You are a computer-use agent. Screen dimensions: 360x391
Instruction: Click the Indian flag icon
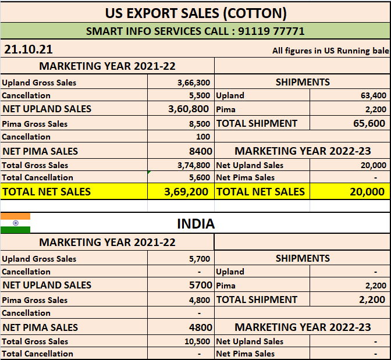tap(15, 223)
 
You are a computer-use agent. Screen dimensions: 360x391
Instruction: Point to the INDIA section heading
tap(195, 223)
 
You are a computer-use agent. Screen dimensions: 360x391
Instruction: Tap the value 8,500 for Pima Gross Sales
tap(200, 124)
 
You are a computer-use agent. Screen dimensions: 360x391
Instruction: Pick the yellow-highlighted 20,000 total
tap(367, 191)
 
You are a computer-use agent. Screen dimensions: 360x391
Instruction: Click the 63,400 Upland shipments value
tap(373, 95)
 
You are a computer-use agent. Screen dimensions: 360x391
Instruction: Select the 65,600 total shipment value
tap(369, 123)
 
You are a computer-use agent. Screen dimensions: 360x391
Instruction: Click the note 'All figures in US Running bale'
tap(330, 51)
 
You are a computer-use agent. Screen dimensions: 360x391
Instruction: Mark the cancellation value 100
tap(204, 137)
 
